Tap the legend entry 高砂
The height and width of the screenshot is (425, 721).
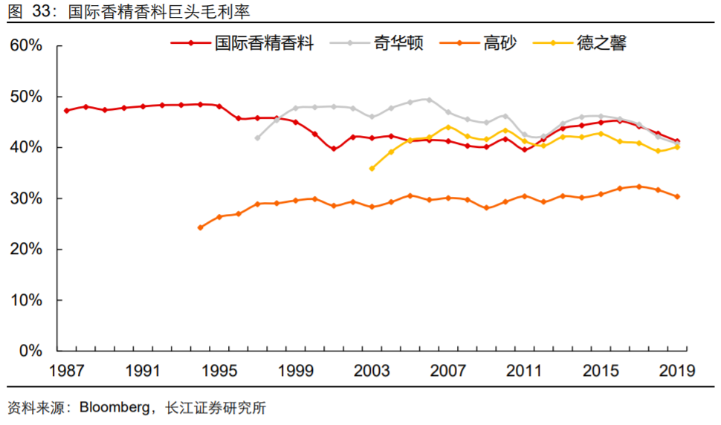click(x=495, y=43)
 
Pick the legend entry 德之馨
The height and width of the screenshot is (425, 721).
click(x=601, y=43)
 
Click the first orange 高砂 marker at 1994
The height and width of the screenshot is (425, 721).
click(x=200, y=227)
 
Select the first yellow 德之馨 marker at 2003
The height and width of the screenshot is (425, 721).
click(x=372, y=169)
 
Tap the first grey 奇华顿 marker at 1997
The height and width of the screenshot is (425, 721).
click(x=257, y=137)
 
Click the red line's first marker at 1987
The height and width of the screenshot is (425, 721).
click(x=66, y=111)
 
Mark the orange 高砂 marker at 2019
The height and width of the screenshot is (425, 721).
click(x=677, y=197)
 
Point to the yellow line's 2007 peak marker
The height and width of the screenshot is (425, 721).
click(x=448, y=127)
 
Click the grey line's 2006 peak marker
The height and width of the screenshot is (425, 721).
click(x=429, y=100)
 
